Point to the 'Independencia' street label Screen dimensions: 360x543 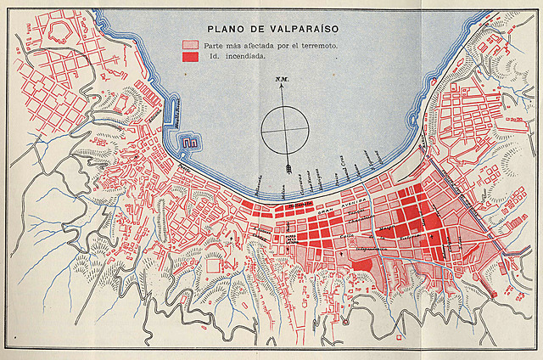[378, 248]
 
